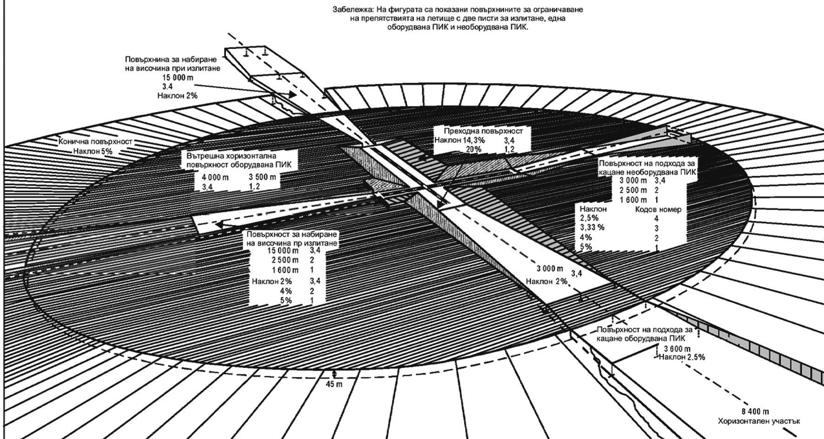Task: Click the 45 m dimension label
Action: [x=334, y=384]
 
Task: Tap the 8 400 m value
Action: [x=755, y=412]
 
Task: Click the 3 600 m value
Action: [x=677, y=349]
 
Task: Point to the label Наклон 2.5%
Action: [x=682, y=357]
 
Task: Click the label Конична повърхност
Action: [x=95, y=141]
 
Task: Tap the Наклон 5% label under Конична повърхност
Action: [x=93, y=151]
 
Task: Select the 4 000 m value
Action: [x=215, y=177]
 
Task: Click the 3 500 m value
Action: [x=262, y=177]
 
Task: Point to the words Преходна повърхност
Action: [x=483, y=131]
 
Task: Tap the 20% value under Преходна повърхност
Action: [x=473, y=149]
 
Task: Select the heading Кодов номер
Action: [x=658, y=209]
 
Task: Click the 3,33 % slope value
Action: [x=592, y=227]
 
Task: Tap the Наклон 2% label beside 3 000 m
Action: [x=546, y=281]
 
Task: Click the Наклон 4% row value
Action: [x=585, y=238]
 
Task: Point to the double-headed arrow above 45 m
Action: [x=334, y=375]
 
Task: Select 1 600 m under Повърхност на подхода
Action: [x=633, y=200]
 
